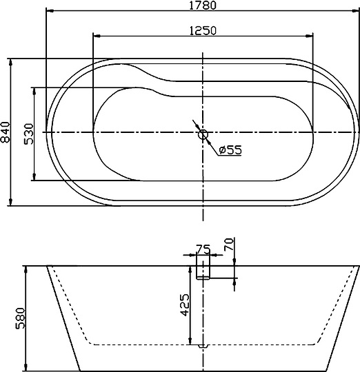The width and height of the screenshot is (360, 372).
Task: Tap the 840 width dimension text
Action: [x=6, y=132]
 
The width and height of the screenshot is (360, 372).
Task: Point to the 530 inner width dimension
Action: [x=29, y=133]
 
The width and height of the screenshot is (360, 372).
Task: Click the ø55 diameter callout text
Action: [x=230, y=149]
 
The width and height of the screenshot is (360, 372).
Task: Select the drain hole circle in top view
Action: [x=203, y=135]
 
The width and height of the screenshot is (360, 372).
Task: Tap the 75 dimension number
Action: [x=203, y=249]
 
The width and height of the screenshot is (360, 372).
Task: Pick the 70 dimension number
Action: [x=230, y=244]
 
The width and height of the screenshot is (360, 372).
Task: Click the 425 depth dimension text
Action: [x=184, y=304]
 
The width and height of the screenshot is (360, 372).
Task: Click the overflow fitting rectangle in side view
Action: [x=203, y=267]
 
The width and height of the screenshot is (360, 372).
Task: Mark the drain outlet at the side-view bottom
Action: [x=203, y=347]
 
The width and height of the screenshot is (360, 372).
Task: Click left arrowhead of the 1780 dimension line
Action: [x=49, y=12]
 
